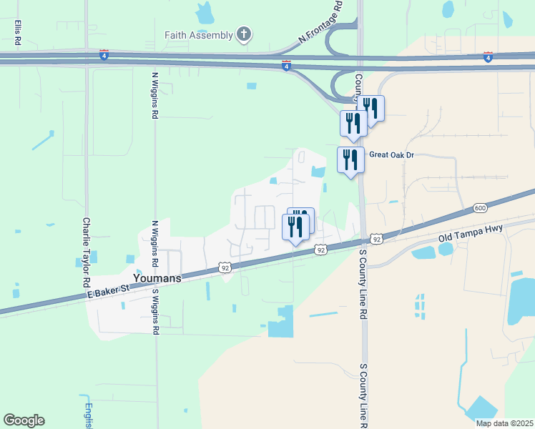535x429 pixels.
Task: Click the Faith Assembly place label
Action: click(198, 35)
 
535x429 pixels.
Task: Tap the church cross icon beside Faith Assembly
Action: click(244, 34)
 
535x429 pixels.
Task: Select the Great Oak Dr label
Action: click(391, 154)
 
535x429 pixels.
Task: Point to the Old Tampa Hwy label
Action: click(471, 232)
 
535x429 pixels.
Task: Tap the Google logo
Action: click(24, 420)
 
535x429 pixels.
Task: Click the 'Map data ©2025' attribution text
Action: click(504, 423)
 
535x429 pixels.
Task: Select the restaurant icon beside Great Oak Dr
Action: click(350, 159)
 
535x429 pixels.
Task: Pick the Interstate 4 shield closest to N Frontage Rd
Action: click(286, 66)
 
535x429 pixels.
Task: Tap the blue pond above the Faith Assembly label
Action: click(205, 11)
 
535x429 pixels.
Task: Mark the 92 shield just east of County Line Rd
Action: click(377, 238)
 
